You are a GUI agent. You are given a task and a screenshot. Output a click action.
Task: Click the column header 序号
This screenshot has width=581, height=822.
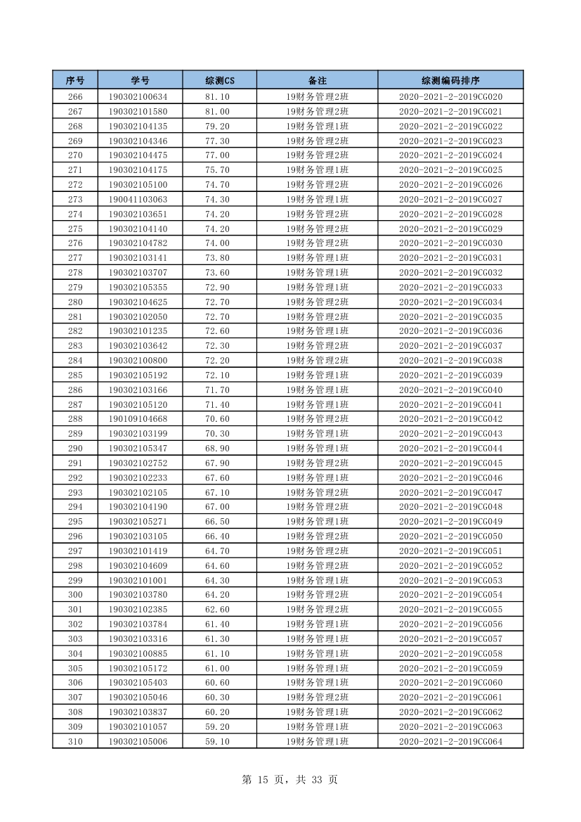75,80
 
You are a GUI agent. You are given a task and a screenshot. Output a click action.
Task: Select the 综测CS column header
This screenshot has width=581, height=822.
220,80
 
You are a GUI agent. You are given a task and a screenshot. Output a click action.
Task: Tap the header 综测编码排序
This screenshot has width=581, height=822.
450,80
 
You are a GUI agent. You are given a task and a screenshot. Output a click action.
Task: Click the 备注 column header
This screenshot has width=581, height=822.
318,80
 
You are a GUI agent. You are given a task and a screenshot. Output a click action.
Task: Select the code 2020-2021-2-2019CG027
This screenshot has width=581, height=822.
450,200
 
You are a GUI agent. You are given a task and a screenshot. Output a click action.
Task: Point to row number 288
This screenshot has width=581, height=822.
75,419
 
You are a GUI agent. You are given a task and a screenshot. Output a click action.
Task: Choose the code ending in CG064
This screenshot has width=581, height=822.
450,741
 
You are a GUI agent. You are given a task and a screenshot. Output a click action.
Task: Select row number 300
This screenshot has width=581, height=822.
75,595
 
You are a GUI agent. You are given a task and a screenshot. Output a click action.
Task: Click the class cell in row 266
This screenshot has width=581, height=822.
318,97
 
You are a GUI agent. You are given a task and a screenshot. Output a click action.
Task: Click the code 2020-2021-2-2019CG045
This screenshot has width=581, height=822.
450,463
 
